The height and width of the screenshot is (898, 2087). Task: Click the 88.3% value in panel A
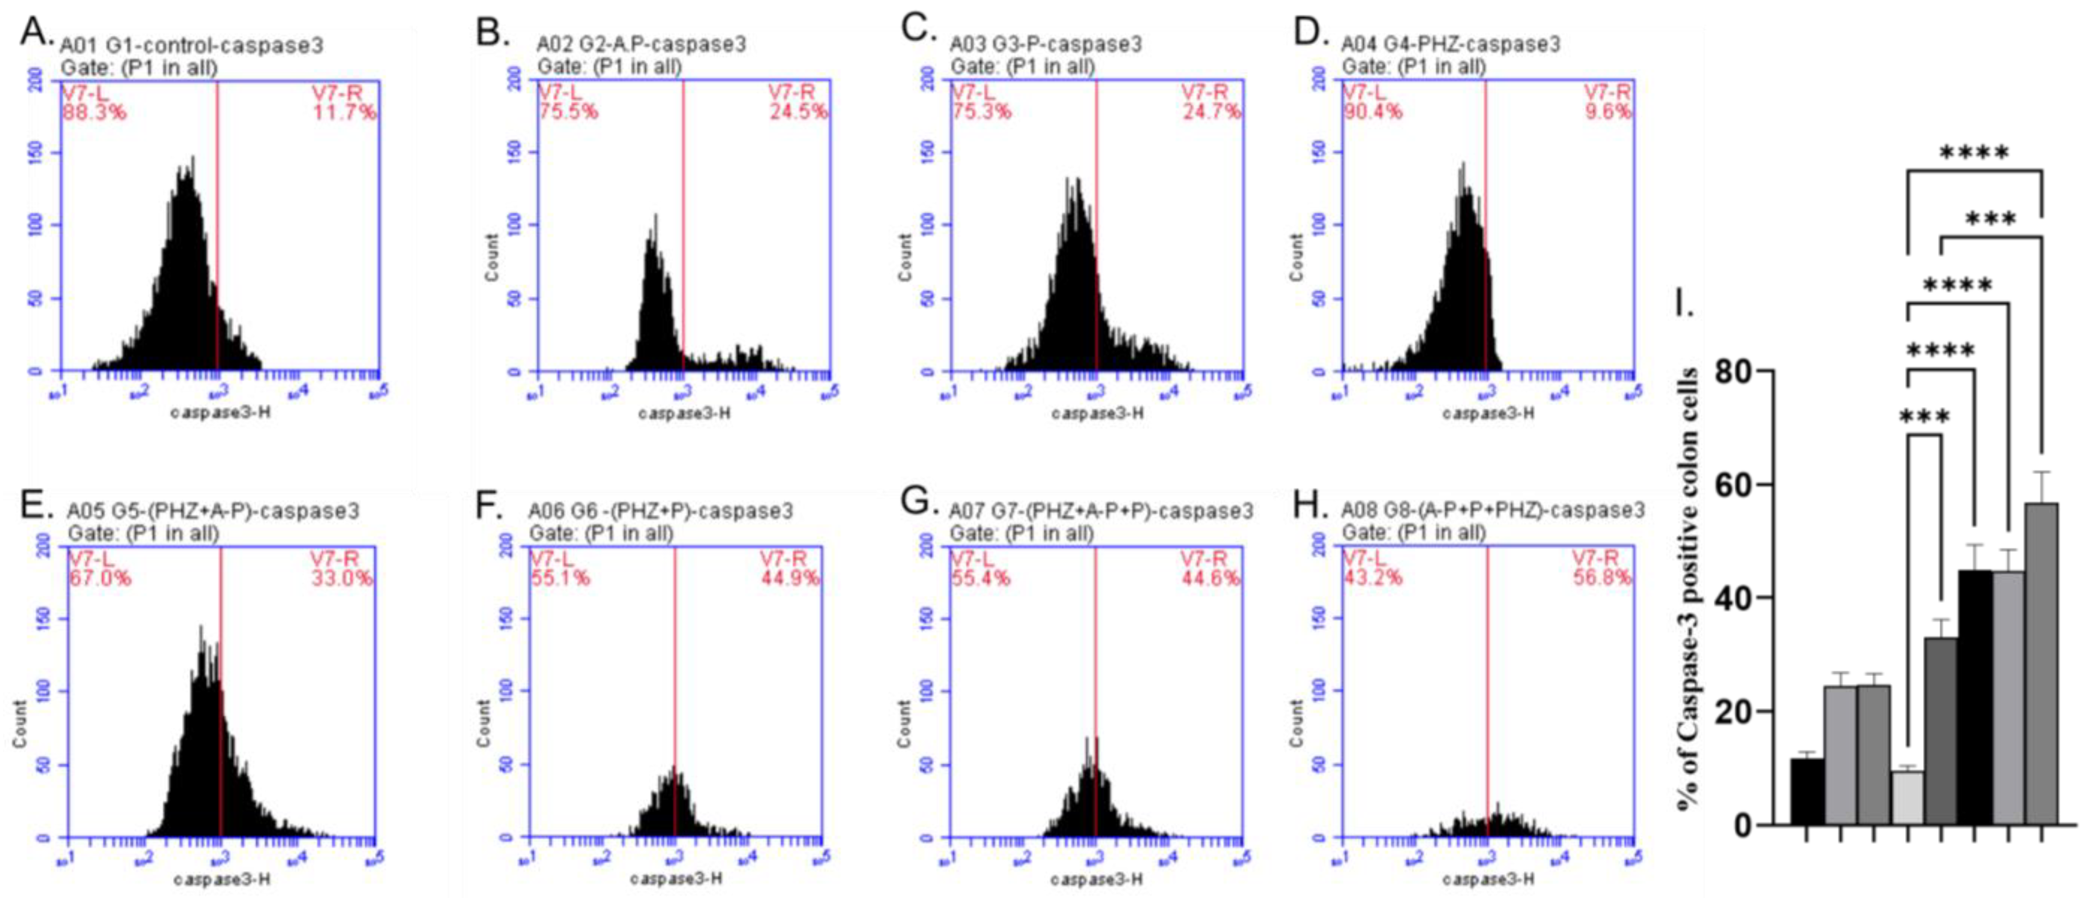pyautogui.click(x=94, y=112)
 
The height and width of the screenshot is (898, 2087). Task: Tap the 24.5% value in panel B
pyautogui.click(x=798, y=112)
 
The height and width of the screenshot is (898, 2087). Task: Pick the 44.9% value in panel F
pyautogui.click(x=790, y=578)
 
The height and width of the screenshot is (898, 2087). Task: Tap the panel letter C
pyautogui.click(x=919, y=31)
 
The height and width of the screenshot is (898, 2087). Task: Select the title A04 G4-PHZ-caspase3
pyautogui.click(x=1450, y=44)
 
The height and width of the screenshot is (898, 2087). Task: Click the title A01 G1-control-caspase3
pyautogui.click(x=191, y=44)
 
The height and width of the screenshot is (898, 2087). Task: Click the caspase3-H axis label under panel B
pyautogui.click(x=684, y=414)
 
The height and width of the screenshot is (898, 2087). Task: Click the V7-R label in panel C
pyautogui.click(x=1204, y=92)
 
